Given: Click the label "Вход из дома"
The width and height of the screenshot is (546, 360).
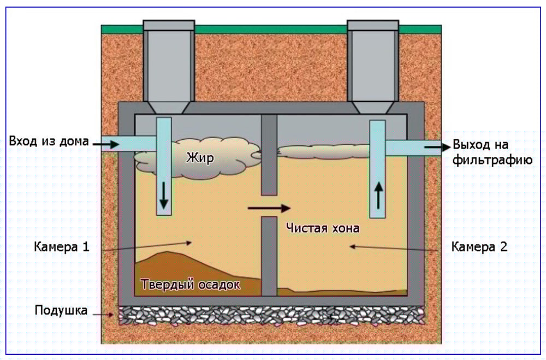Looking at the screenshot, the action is pyautogui.click(x=49, y=141).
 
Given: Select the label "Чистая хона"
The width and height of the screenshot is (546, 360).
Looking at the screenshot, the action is pyautogui.click(x=323, y=228).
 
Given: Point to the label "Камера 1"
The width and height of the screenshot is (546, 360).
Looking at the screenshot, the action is pyautogui.click(x=62, y=247).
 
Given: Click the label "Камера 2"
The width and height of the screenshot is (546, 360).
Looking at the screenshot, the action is pyautogui.click(x=479, y=247).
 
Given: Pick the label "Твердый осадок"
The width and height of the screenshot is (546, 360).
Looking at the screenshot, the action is pyautogui.click(x=191, y=285).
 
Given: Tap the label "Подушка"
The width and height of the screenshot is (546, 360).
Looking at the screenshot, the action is pyautogui.click(x=61, y=310).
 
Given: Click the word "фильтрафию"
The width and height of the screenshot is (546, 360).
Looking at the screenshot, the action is pyautogui.click(x=492, y=160).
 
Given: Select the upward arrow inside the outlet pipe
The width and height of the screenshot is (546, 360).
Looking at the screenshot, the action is pyautogui.click(x=378, y=196).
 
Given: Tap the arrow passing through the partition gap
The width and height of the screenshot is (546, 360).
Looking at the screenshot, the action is pyautogui.click(x=269, y=208).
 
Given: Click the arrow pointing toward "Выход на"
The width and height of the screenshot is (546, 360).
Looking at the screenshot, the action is pyautogui.click(x=438, y=147).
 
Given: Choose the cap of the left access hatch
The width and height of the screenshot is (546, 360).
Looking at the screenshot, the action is pyautogui.click(x=169, y=26).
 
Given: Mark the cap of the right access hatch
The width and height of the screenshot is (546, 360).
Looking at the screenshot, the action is pyautogui.click(x=373, y=26).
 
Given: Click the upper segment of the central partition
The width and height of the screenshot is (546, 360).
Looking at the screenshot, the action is pyautogui.click(x=269, y=155).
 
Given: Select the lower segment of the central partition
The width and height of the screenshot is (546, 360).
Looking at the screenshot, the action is pyautogui.click(x=269, y=256).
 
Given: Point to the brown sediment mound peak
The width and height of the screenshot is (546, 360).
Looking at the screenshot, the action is pyautogui.click(x=168, y=252).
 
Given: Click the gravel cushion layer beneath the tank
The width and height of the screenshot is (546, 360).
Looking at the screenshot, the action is pyautogui.click(x=271, y=315).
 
